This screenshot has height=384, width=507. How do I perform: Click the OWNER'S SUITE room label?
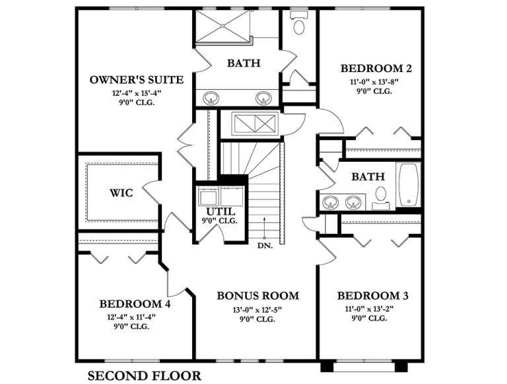(x=136, y=80)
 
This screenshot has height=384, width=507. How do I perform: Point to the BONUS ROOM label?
(x=257, y=295)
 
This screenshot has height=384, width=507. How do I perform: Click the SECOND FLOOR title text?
(x=145, y=376)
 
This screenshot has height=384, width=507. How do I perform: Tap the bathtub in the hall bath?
(x=409, y=184)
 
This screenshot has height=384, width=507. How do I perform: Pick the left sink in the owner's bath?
(x=211, y=98)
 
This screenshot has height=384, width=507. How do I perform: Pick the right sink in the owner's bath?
(x=263, y=98)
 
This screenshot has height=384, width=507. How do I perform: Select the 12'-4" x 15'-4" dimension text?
(x=136, y=93)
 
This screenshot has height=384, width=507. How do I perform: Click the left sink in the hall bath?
(x=331, y=200)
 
